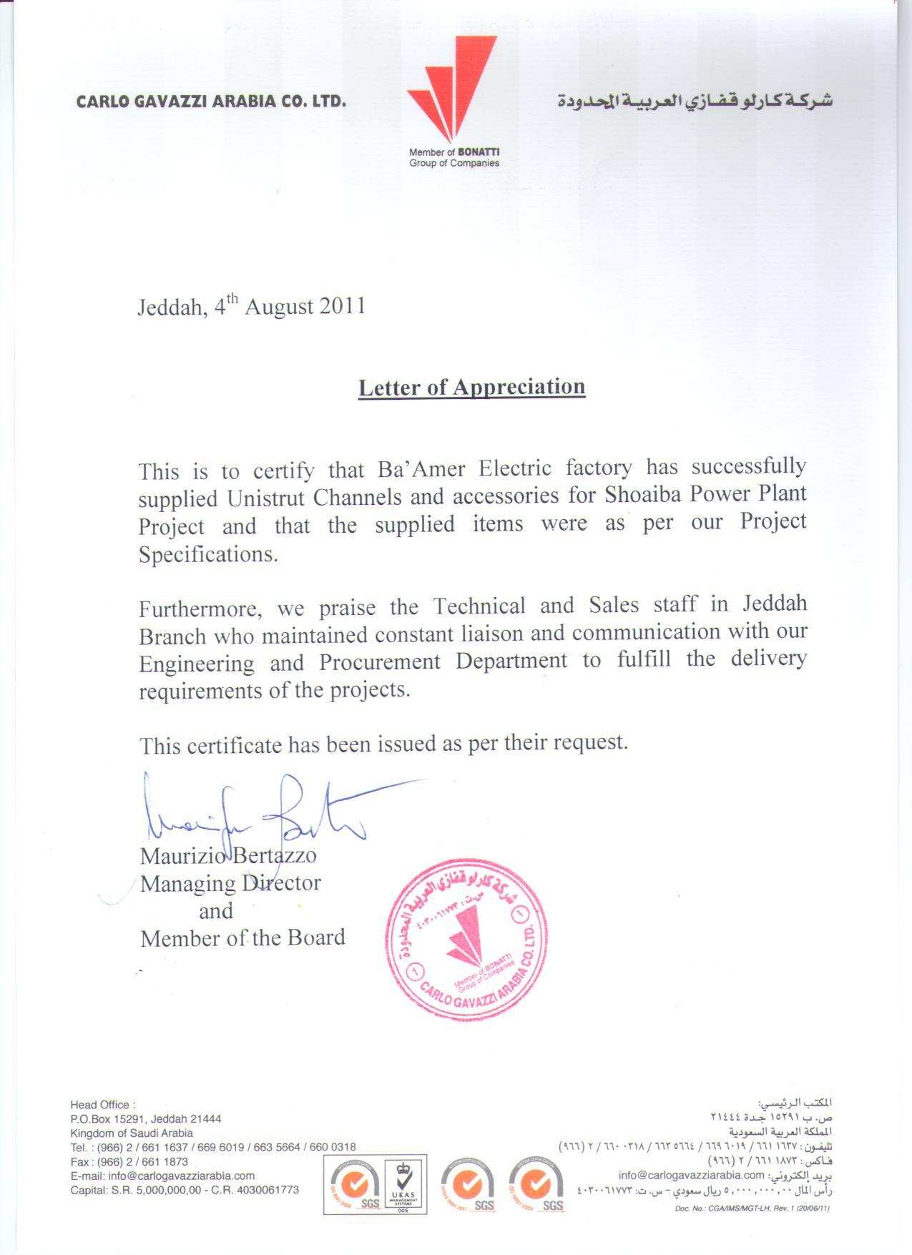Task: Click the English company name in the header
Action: (211, 101)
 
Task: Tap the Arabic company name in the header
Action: (695, 101)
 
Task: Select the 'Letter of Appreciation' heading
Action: (471, 387)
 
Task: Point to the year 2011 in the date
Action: (342, 306)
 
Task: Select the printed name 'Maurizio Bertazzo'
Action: (228, 855)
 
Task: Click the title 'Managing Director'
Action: (230, 883)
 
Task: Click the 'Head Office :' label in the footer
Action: (102, 1105)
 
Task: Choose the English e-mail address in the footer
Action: (162, 1176)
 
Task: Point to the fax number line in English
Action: (129, 1161)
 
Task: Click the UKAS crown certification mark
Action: (406, 1183)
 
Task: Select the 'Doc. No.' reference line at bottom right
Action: (752, 1209)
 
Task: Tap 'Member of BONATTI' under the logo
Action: (454, 152)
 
